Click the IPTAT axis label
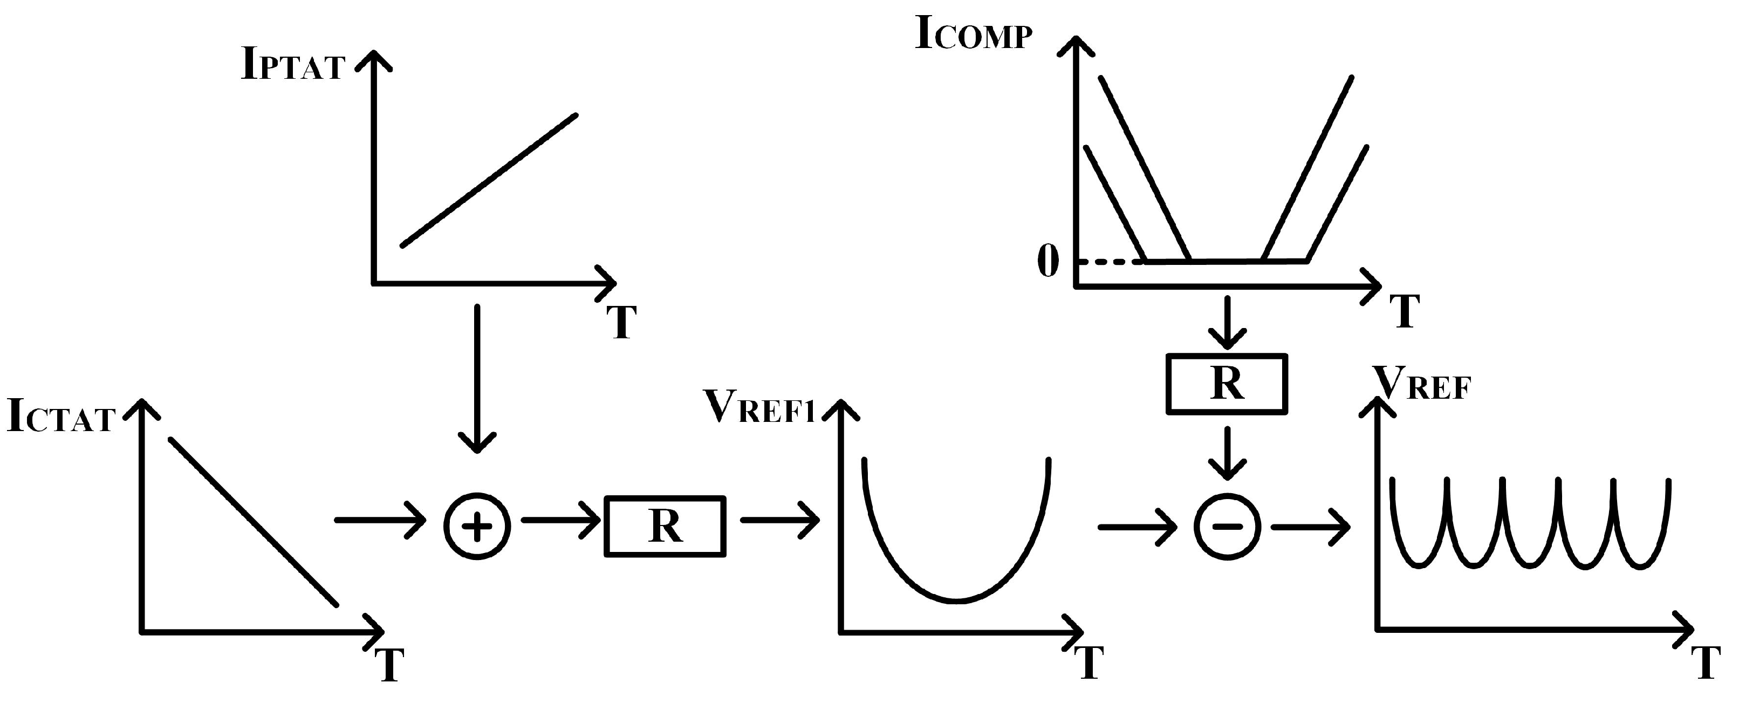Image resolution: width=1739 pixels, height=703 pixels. [293, 66]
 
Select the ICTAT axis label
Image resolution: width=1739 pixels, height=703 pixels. [61, 416]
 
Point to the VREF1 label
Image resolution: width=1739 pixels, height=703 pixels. [760, 407]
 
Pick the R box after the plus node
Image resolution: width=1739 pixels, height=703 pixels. [665, 527]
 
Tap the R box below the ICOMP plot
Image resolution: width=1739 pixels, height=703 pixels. [1227, 384]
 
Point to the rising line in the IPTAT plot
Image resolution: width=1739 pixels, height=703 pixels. [489, 180]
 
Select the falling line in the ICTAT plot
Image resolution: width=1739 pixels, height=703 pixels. [253, 522]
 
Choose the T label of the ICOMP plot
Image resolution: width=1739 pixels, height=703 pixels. [1404, 311]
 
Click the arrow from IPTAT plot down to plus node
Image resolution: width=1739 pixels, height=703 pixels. [477, 378]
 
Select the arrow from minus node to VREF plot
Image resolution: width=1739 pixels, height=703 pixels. [1310, 527]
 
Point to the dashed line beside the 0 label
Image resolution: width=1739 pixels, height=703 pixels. [1111, 261]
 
